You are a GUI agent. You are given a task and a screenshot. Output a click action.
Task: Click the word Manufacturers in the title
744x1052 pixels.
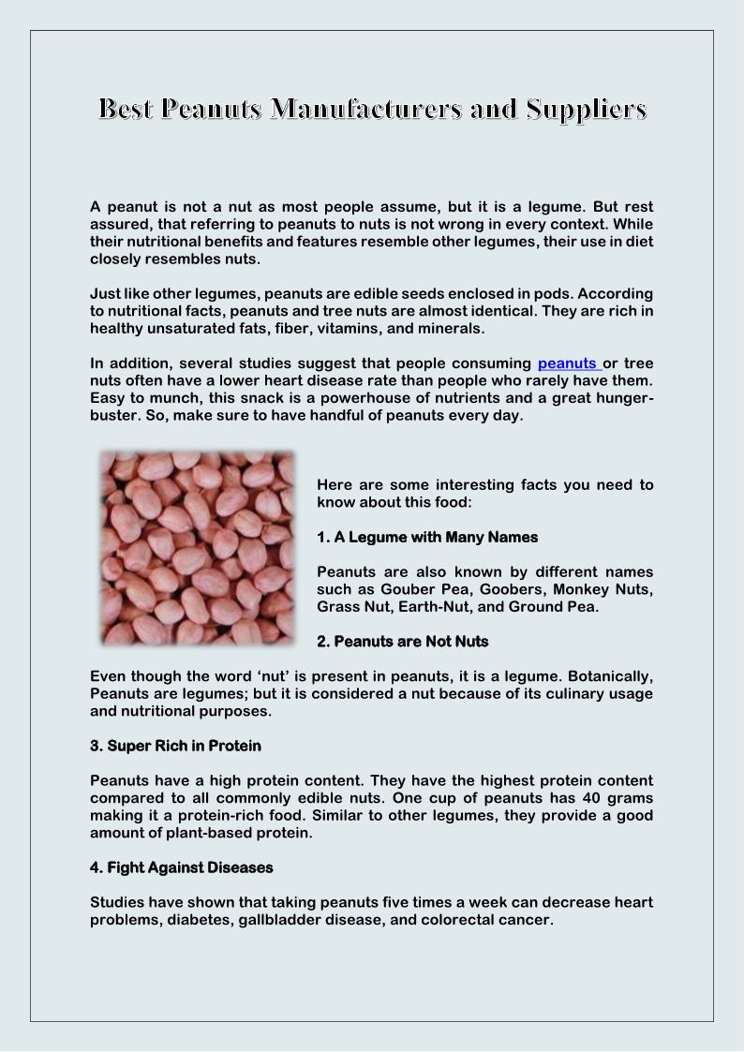361,111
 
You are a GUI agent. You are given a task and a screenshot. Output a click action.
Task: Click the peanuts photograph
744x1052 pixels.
197,548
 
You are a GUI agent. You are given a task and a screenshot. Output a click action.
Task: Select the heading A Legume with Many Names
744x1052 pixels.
427,537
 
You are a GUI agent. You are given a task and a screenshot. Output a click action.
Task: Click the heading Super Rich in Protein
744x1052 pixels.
175,746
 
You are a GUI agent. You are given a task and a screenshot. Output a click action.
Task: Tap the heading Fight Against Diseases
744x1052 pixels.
181,867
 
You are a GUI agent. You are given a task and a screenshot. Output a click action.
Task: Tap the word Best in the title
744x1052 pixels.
126,111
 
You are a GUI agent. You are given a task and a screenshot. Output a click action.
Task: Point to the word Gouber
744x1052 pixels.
413,589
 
